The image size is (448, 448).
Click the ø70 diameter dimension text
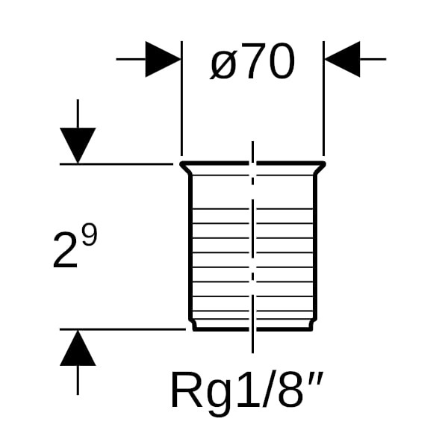coord(252,63)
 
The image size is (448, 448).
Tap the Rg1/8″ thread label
coord(249,389)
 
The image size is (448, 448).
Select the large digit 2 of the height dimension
coord(66,251)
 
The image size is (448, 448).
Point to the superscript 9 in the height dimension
coord(89,238)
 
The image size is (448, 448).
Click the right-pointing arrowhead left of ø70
coord(163,58)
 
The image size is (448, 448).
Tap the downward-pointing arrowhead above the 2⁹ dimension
coord(78,145)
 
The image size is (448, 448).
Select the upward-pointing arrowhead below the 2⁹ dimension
coord(78,348)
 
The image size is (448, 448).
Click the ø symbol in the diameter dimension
coord(223,66)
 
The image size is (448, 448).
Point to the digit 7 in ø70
coord(253,63)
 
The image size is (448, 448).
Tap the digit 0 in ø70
coord(280,63)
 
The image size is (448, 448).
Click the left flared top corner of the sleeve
coord(183,165)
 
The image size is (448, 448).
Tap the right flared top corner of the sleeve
coord(323,165)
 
